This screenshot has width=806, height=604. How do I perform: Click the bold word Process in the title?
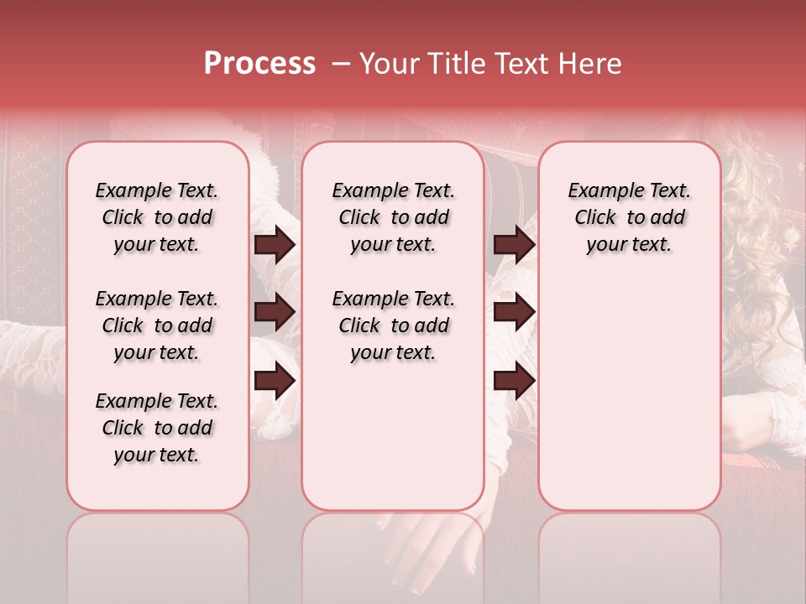[259, 64]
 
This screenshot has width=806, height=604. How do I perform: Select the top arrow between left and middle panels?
[275, 244]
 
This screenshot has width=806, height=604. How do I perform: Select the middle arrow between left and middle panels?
[275, 312]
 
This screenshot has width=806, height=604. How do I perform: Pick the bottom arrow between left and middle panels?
[275, 381]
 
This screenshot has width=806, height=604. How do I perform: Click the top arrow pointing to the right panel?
[514, 244]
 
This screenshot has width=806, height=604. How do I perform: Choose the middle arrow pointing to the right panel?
[514, 312]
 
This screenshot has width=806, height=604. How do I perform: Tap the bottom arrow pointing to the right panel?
[514, 381]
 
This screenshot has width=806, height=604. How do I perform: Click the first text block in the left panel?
[157, 217]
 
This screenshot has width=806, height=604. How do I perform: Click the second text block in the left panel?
[157, 325]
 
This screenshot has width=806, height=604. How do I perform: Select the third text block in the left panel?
[157, 428]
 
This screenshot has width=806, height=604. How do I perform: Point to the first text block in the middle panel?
[393, 217]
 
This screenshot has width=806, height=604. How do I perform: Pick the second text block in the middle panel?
[393, 325]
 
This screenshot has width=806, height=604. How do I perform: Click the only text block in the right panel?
[629, 217]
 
